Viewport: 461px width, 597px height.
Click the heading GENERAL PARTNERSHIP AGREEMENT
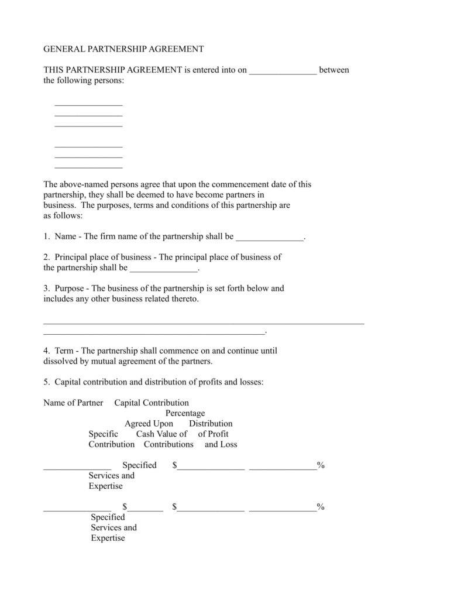click(x=123, y=49)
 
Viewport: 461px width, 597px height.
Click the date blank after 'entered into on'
click(x=283, y=71)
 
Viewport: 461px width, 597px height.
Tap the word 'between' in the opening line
click(x=334, y=70)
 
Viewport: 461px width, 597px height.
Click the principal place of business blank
click(x=164, y=269)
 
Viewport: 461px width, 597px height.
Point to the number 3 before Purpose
click(x=46, y=289)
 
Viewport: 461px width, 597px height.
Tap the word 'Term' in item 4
click(x=64, y=351)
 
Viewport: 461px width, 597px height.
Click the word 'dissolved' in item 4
click(x=61, y=362)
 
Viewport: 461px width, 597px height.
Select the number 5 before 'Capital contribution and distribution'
click(x=46, y=382)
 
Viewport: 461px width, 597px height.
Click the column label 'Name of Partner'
click(x=73, y=403)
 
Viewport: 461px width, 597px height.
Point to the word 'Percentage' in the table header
click(x=185, y=413)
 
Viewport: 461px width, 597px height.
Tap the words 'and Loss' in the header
click(x=221, y=444)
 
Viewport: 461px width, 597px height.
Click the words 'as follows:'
click(x=63, y=215)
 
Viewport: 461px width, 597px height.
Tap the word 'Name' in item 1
click(x=66, y=236)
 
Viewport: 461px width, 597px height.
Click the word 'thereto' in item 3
click(x=183, y=299)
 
